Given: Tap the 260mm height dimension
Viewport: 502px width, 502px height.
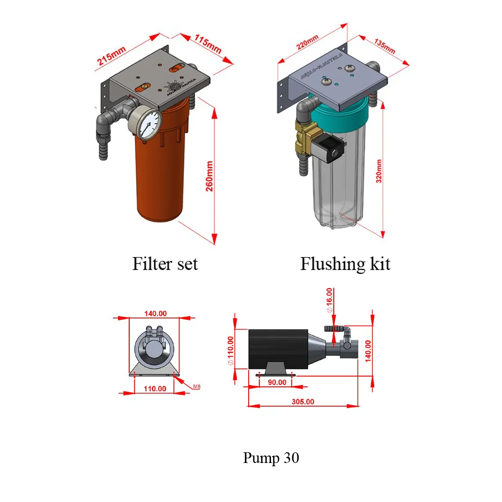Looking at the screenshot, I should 210,179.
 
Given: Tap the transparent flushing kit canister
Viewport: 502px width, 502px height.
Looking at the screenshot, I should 338,186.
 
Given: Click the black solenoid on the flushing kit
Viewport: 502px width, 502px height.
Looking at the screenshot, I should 331,149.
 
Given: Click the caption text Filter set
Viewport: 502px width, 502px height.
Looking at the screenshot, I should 165,264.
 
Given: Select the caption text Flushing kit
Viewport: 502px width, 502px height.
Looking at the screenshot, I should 345,264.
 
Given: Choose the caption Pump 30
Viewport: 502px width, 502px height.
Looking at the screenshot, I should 271,458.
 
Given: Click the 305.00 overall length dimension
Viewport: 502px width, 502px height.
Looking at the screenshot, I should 303,401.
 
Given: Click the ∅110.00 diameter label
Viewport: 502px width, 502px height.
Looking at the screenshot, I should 231,350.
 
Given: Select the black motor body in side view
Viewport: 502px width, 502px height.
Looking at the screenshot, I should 277,349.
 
